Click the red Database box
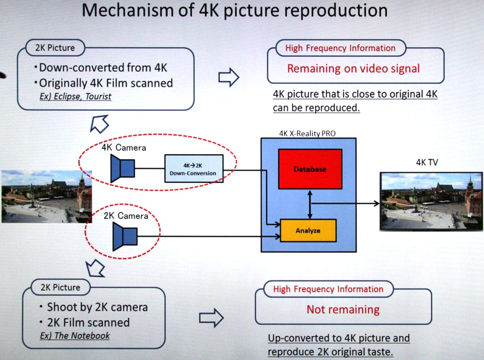[310, 169]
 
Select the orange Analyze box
[308, 230]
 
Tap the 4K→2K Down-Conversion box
[193, 168]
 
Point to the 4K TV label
[427, 163]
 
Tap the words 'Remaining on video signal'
[353, 68]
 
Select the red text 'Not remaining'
[343, 310]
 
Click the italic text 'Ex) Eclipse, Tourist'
[75, 97]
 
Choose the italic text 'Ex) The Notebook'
[75, 336]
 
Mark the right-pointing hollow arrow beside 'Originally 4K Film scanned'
[229, 77]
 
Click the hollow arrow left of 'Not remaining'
[211, 318]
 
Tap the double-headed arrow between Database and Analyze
[310, 204]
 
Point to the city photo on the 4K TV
[431, 201]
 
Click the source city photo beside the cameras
[46, 196]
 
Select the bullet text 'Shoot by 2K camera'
[97, 307]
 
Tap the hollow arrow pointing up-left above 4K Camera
[99, 123]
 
